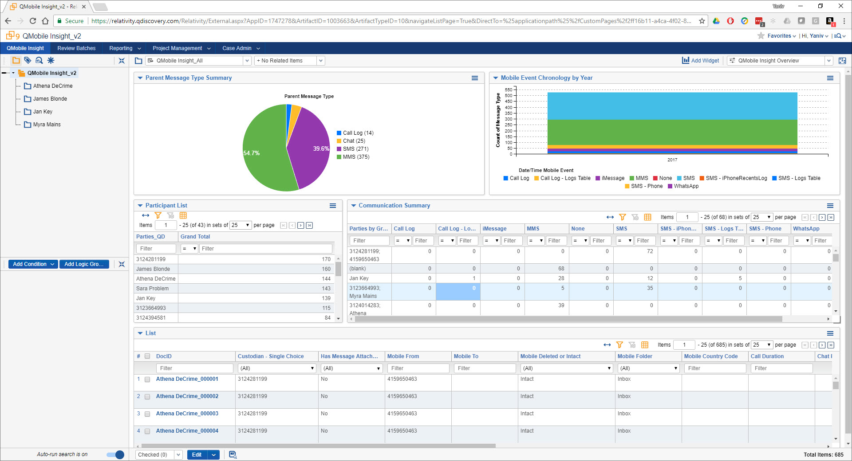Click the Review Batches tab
coord(76,48)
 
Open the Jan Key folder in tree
coord(43,112)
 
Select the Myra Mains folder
coord(47,125)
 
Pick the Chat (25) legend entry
coord(354,141)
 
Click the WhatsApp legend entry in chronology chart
coord(686,186)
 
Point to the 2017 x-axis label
coord(672,160)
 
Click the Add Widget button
coord(701,61)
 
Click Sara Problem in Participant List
coord(152,289)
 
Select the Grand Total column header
coord(195,237)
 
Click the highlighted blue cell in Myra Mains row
coord(458,292)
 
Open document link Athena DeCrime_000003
coord(187,414)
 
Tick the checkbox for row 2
coord(147,397)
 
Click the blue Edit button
coord(197,455)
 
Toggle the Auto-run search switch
coord(115,455)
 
